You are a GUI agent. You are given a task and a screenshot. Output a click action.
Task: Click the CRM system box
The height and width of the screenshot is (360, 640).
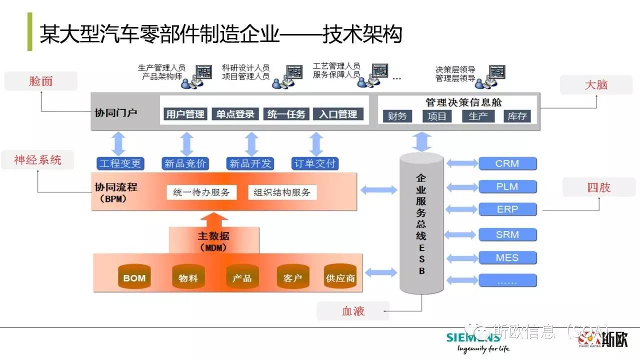[x=507, y=163]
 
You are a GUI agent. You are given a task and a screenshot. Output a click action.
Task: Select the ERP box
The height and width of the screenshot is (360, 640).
[x=507, y=209]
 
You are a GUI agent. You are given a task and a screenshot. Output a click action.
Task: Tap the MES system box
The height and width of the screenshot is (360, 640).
[x=507, y=258]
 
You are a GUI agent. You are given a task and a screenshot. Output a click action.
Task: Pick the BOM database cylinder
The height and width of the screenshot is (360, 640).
[x=134, y=277]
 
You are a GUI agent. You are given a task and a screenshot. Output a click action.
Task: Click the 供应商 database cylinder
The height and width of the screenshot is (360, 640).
[x=340, y=277]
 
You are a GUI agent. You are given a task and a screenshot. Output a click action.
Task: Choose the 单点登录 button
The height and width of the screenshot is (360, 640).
[x=235, y=114]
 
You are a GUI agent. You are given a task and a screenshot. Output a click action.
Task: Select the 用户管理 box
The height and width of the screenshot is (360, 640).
[x=185, y=114]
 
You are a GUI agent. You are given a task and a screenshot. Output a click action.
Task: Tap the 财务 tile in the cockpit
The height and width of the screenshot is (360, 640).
[x=397, y=116]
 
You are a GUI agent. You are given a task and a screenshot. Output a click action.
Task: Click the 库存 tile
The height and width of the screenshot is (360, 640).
[x=517, y=116]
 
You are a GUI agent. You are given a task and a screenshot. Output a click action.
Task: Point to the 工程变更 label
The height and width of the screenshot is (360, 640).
[x=120, y=163]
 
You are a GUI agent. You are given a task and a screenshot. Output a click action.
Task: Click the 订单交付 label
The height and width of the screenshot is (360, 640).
[x=315, y=163]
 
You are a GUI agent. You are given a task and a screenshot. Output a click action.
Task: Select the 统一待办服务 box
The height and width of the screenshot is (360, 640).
[x=201, y=192]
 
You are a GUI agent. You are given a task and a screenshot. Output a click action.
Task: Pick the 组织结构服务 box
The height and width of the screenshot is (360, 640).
[x=282, y=192]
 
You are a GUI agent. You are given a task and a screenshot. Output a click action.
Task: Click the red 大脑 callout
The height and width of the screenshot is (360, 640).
[x=596, y=85]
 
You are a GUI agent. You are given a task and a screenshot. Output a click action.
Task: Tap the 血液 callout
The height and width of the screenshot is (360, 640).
[x=353, y=311]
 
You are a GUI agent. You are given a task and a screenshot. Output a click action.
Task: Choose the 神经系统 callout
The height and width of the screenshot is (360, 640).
[x=37, y=160]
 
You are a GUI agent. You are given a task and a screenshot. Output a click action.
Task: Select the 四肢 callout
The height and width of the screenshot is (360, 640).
[x=598, y=187]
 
